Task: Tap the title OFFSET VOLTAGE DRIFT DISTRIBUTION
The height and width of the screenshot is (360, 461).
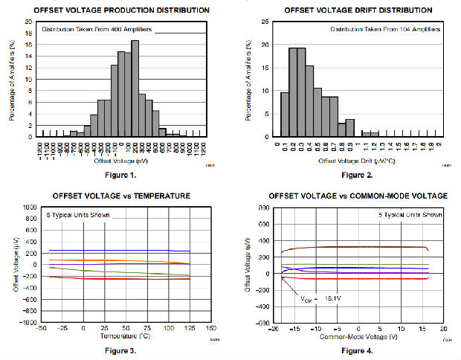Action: point(358,10)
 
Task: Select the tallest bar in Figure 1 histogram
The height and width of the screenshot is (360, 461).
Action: point(135,88)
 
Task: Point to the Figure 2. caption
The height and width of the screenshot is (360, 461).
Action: point(358,175)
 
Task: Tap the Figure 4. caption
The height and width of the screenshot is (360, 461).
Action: point(358,350)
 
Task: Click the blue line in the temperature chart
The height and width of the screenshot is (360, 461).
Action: point(112,251)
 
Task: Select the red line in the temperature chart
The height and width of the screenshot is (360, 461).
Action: point(134,279)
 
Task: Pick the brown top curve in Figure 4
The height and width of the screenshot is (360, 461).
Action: point(349,247)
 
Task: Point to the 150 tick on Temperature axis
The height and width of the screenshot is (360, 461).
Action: point(210,328)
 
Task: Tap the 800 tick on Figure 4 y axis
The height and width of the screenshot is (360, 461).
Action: point(263,208)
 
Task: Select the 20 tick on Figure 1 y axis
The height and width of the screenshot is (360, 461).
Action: point(28,22)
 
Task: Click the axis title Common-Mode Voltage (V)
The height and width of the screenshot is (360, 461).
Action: point(358,337)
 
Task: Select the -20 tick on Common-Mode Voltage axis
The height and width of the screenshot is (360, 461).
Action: point(274,328)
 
